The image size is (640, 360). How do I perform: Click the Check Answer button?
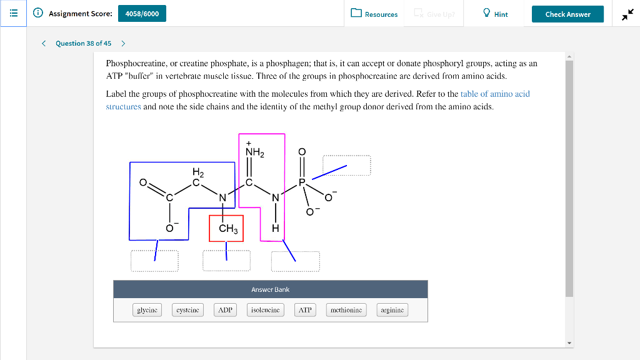[x=567, y=14]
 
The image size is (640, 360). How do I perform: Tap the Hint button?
[x=495, y=14]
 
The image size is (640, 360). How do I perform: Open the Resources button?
[x=374, y=14]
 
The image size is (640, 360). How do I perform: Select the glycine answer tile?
[x=147, y=310]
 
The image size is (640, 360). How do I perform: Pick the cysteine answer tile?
[x=187, y=310]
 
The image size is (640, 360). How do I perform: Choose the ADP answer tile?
[x=225, y=310]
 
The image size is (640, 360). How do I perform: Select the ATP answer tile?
[x=305, y=310]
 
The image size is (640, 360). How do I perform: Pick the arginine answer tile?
[x=392, y=310]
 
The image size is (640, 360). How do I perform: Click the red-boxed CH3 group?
[x=226, y=229]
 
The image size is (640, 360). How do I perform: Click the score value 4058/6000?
[x=142, y=14]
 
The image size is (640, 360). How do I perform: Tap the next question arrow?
[x=123, y=43]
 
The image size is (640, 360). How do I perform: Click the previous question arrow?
[x=44, y=43]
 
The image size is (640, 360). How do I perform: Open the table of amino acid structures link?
[x=494, y=94]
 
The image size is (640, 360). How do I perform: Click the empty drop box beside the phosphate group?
[x=346, y=166]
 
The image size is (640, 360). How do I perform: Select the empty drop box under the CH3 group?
[x=226, y=261]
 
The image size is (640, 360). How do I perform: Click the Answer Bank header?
[x=270, y=289]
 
